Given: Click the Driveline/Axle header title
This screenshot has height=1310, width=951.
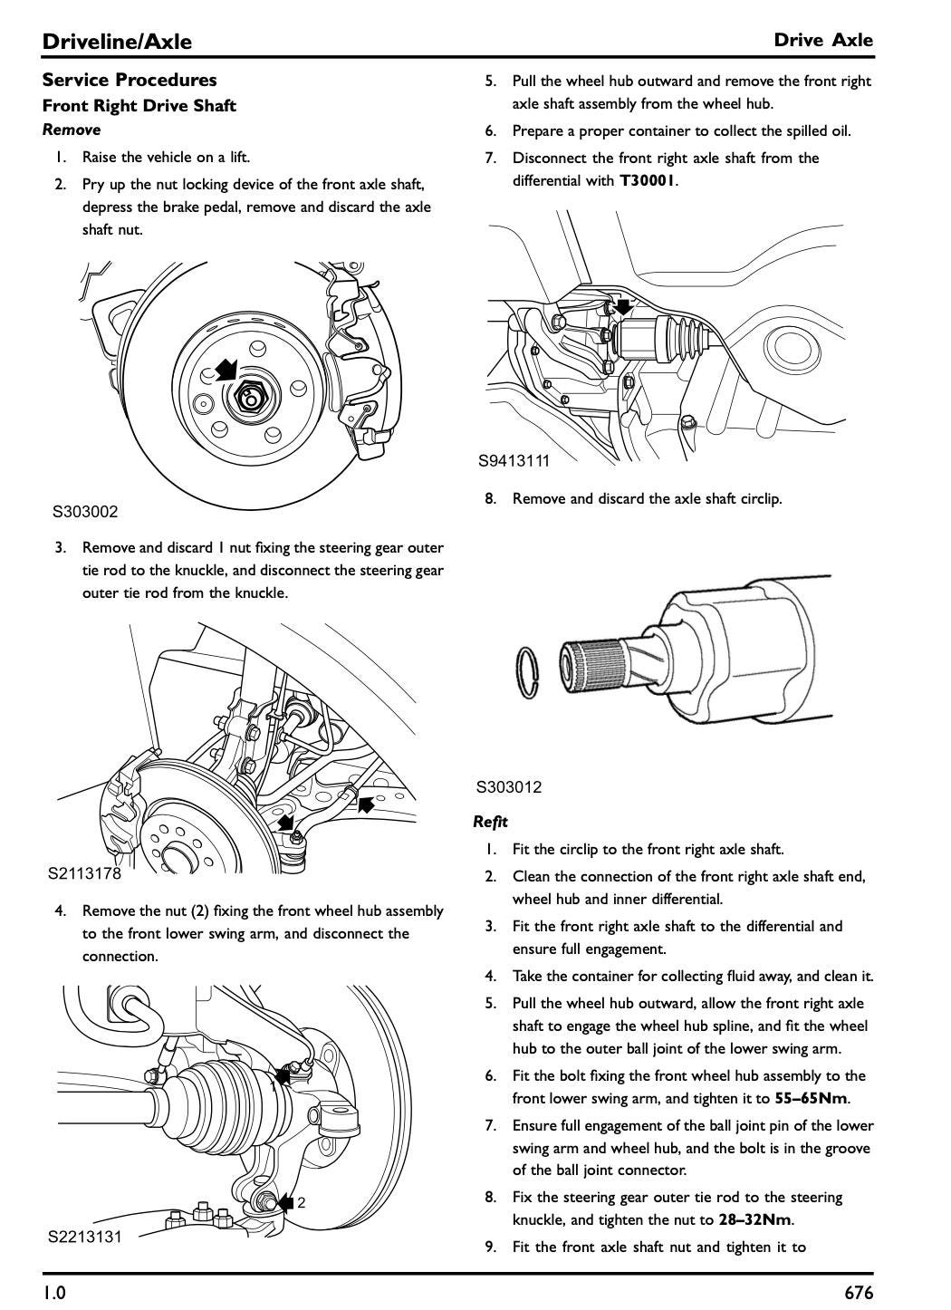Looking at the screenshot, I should pos(117,41).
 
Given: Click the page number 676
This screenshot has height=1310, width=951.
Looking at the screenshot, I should pos(859,1292).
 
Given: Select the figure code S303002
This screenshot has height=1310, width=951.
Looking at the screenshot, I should pos(85,512).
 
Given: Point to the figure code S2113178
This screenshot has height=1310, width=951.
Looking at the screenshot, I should pos(84,874).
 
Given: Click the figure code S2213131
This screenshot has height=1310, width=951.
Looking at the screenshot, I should pos(84,1237).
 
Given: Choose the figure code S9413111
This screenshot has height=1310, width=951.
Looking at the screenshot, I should pos(514,460).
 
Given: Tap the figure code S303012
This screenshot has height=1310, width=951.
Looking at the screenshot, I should pos(509,787).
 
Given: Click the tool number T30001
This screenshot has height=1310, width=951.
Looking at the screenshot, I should pos(647,180).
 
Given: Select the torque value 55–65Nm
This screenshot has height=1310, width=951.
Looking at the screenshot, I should pos(812,1098).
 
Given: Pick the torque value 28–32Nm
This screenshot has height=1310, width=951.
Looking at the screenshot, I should pos(754,1219).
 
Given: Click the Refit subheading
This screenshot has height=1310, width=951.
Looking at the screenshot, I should pos(490,822).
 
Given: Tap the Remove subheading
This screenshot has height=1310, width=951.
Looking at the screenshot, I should pos(72,130).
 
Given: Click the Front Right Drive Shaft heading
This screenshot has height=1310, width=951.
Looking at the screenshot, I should pos(139,105).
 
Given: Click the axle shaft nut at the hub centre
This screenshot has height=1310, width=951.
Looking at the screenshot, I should pos(250,396).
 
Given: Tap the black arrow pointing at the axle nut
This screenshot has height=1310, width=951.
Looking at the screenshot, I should pos(225,369).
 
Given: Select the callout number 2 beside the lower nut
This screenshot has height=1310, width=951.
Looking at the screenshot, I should pos(302,1203).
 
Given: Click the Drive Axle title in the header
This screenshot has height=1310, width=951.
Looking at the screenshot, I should pos(823,40).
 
